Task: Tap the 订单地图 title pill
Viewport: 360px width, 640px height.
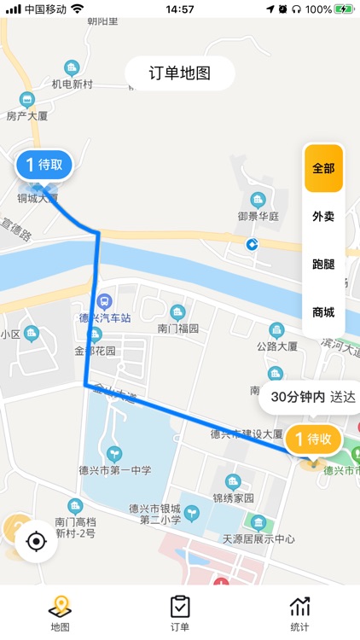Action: [x=180, y=73]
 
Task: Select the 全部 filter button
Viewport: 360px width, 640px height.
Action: [x=323, y=168]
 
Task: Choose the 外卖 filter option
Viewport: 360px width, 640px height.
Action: [x=323, y=217]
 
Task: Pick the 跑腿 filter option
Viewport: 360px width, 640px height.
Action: [x=323, y=265]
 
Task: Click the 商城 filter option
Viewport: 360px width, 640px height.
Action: [x=323, y=312]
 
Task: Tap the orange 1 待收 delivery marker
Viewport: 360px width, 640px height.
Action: [x=314, y=439]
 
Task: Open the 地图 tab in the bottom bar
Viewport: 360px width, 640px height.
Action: [x=60, y=613]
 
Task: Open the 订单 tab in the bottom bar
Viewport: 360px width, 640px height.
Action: [x=180, y=613]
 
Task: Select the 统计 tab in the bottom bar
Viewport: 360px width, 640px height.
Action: [x=299, y=613]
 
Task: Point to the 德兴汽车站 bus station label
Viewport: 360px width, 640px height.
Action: [x=104, y=317]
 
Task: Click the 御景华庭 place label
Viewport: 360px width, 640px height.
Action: [x=258, y=216]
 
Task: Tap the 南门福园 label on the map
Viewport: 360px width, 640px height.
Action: [x=177, y=328]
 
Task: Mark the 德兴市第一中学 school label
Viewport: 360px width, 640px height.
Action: [x=116, y=469]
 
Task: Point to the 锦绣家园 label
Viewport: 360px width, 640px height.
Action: [x=233, y=496]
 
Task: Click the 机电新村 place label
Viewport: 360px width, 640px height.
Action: [x=72, y=84]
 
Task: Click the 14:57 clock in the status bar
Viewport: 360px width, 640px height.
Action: [x=180, y=9]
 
